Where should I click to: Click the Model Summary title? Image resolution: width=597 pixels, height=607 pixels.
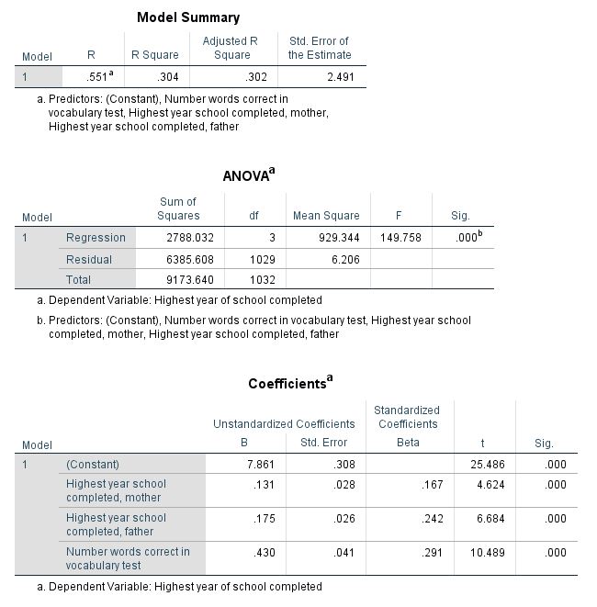[188, 17]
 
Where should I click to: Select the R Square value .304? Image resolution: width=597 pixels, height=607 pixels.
[166, 77]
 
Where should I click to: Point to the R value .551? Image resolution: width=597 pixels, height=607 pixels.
[96, 77]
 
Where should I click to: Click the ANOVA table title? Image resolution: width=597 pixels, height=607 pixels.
[248, 175]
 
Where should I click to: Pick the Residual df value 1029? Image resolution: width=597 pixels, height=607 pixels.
[263, 260]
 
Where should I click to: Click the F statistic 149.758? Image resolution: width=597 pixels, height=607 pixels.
[400, 238]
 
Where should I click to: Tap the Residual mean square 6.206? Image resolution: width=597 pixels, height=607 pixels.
[344, 260]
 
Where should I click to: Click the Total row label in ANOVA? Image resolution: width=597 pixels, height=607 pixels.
[78, 279]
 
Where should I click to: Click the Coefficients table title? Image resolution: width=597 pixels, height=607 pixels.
[289, 383]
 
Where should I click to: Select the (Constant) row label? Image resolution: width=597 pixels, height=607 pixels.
[93, 465]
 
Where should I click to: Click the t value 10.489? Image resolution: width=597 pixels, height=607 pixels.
[487, 552]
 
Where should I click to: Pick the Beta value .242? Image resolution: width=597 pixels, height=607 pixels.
[429, 518]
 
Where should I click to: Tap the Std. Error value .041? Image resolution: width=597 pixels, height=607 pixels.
[344, 552]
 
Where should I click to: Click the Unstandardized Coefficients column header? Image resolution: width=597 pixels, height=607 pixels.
[284, 424]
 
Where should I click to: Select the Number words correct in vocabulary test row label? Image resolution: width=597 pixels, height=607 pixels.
[128, 558]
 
